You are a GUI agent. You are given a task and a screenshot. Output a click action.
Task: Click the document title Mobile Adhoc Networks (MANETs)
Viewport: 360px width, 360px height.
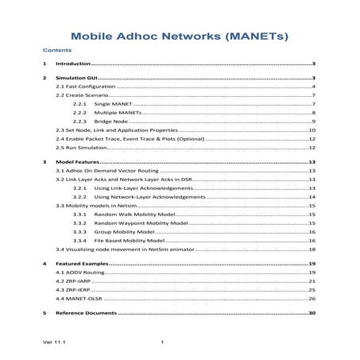pos(179,37)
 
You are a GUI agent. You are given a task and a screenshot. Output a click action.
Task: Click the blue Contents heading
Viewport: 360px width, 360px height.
pos(56,49)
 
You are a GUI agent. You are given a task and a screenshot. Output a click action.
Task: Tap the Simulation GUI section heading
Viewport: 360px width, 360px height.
pos(75,79)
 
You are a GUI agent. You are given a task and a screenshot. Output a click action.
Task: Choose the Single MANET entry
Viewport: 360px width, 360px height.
pos(112,104)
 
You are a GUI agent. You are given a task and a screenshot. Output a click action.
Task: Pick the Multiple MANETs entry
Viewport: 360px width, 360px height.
pos(117,113)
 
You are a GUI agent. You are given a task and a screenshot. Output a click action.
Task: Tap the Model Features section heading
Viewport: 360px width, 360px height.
pos(77,161)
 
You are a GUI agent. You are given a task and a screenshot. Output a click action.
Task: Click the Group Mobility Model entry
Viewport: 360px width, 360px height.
pos(124,231)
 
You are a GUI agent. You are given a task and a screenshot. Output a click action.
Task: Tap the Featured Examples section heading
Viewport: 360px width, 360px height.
pos(82,263)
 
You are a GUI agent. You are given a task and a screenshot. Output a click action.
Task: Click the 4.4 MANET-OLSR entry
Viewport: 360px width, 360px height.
pos(79,299)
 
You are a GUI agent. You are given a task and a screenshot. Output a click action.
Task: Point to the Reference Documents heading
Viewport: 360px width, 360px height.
pos(85,314)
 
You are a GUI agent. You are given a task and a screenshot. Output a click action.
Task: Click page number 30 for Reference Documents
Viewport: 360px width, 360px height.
pos(312,314)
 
